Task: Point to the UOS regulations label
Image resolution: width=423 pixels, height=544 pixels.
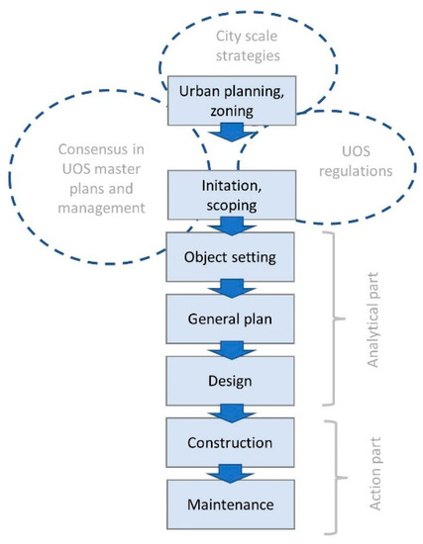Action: [x=352, y=170]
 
